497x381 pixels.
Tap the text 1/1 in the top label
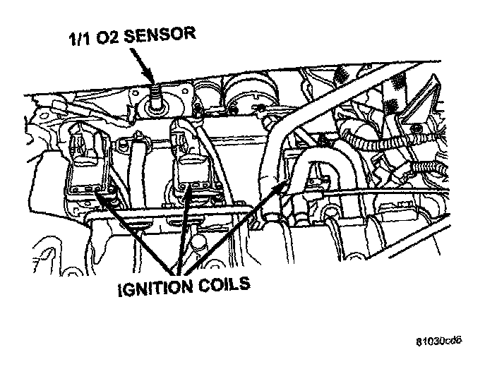tap(78, 40)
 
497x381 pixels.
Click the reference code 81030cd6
tap(438, 341)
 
